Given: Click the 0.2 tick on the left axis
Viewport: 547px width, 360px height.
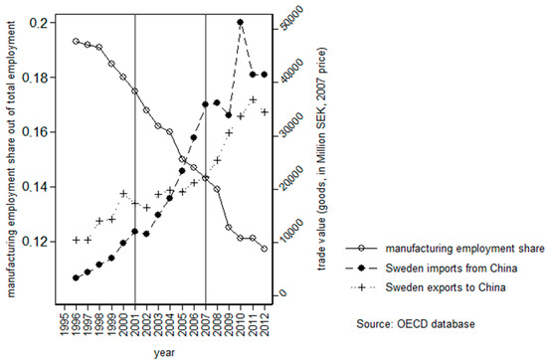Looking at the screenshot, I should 36,22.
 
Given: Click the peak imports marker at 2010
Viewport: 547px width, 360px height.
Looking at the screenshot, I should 241,22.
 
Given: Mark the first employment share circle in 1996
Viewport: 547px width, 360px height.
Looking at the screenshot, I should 76,42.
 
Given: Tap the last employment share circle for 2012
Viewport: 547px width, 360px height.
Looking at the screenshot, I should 264,249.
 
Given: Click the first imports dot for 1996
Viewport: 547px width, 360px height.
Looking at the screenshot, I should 76,277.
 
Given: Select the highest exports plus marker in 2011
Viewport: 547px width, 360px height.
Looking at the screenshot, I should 253,99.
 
